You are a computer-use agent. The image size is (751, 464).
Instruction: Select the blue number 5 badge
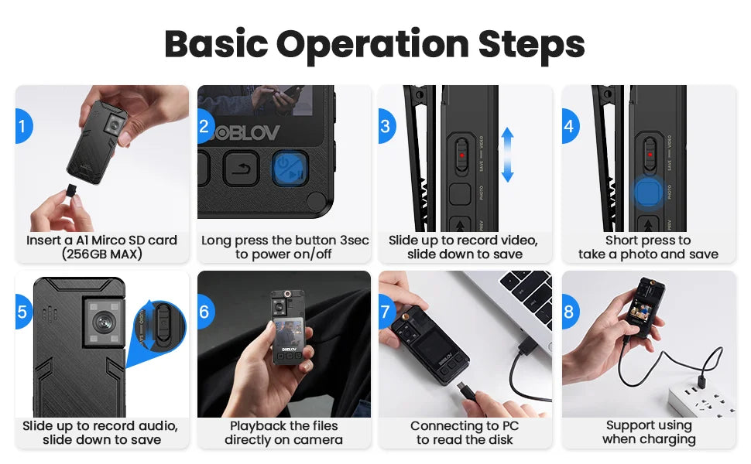coord(22,312)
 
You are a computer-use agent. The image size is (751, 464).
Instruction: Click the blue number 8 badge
coord(569,312)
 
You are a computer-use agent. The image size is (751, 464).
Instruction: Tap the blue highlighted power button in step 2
coord(290,168)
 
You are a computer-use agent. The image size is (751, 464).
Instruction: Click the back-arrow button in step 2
coord(241,168)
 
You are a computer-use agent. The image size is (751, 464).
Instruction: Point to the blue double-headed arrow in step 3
coord(507,155)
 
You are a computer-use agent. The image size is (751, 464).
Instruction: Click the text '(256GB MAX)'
coord(101,254)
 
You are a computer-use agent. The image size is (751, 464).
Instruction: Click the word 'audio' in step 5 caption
coord(159,426)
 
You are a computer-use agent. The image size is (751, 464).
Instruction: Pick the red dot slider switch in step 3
coord(462,155)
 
